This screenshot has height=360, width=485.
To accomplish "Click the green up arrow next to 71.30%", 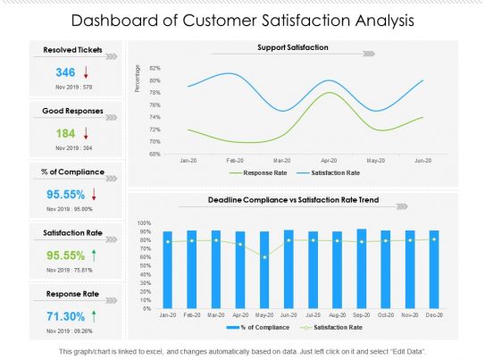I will click(x=94, y=314).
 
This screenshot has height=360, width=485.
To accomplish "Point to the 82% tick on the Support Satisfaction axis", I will click(x=155, y=68).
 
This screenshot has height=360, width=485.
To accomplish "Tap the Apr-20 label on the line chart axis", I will click(x=330, y=161).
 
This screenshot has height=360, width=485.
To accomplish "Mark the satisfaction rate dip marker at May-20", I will click(x=263, y=257).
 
